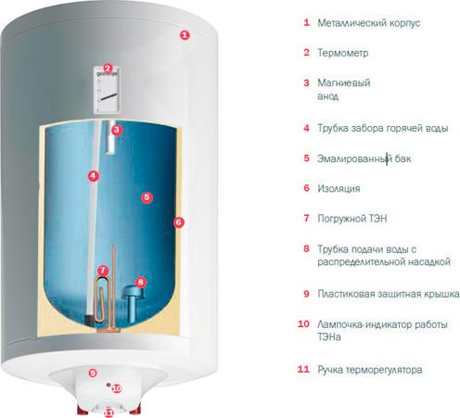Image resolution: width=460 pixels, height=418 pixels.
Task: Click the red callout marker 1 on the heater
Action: pos(184,35)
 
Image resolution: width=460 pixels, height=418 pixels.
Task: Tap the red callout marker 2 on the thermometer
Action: pos(108,68)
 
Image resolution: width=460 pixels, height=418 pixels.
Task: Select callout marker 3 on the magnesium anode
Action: pos(116,131)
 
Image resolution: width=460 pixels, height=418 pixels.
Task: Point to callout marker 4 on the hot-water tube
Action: pos(93,174)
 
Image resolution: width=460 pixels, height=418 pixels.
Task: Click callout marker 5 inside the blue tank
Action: pos(146,196)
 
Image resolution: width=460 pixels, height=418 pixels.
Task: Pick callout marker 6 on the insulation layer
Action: pos(179,222)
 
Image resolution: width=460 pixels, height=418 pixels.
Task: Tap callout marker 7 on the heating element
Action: pos(103,272)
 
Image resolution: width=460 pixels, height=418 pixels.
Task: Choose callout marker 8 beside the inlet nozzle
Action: pos(141,282)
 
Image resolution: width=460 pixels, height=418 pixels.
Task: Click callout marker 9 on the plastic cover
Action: pos(92,373)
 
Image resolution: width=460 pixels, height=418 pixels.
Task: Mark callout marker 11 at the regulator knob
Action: pos(109,412)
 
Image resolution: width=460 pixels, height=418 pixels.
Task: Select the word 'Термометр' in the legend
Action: pos(344,53)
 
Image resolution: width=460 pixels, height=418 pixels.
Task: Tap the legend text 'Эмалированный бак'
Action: pos(364,158)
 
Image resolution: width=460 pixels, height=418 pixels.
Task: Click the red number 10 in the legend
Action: pos(303,324)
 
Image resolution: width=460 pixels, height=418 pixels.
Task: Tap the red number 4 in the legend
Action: pos(306,128)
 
